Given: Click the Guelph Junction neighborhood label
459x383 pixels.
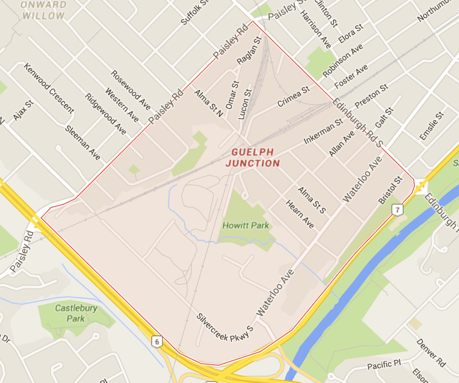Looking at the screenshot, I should pyautogui.click(x=253, y=157).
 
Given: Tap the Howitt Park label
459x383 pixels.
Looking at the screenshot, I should pyautogui.click(x=246, y=226).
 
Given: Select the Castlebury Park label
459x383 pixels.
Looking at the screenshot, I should pyautogui.click(x=70, y=313).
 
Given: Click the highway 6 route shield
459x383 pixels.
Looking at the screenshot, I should pyautogui.click(x=157, y=341).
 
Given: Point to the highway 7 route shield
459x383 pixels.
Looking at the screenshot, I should pyautogui.click(x=399, y=209).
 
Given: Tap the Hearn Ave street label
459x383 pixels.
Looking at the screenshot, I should pyautogui.click(x=301, y=215).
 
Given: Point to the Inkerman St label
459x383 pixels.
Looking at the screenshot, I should pyautogui.click(x=323, y=131).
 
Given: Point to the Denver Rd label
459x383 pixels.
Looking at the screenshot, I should pyautogui.click(x=431, y=353).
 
